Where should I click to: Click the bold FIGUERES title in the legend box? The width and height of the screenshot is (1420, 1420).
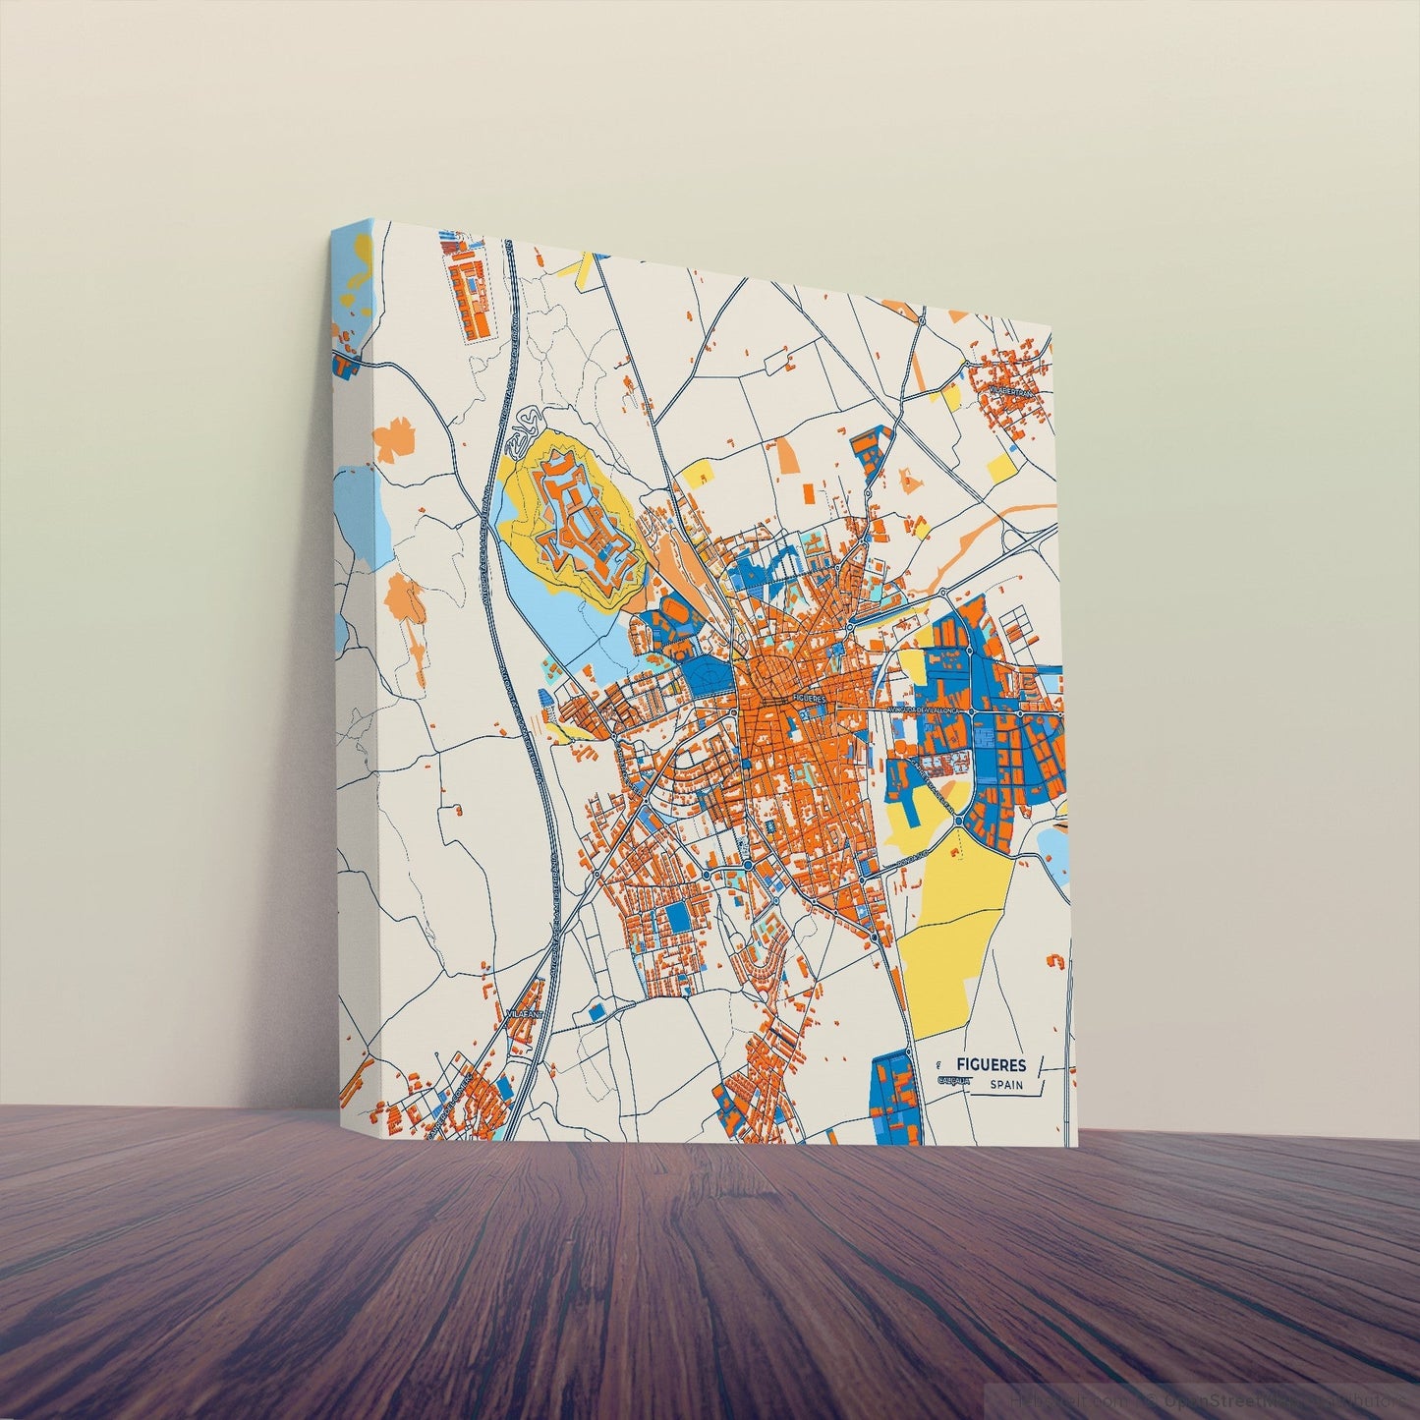[991, 1064]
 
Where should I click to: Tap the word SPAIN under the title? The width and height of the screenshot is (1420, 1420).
[1007, 1085]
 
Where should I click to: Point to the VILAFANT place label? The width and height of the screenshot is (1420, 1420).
[522, 1010]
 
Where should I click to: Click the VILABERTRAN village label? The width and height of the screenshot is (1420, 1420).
[1012, 391]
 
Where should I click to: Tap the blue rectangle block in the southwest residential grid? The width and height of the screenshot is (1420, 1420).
[678, 920]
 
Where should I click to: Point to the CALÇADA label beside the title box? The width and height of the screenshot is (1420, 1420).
[954, 1081]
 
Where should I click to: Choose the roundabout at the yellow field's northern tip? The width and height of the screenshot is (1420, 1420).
[959, 824]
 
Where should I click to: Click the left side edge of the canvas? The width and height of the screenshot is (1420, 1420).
[354, 688]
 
